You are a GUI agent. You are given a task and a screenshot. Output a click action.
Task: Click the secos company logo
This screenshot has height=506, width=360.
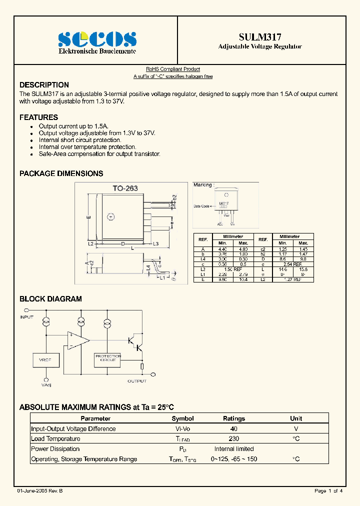click(97, 39)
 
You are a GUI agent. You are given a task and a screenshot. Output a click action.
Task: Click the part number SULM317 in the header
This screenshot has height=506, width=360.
click(260, 37)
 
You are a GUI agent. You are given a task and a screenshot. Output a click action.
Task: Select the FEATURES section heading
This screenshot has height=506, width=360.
click(38, 117)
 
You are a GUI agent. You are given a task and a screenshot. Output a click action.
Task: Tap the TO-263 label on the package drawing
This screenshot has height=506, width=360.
click(125, 188)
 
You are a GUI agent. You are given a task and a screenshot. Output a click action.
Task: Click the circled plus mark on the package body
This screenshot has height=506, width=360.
click(111, 216)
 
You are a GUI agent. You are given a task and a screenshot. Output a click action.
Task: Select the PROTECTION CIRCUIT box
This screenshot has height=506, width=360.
click(107, 358)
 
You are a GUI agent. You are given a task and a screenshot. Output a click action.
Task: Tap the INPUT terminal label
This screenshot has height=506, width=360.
click(26, 317)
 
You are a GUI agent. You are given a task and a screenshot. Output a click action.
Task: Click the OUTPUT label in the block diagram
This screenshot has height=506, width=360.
click(137, 381)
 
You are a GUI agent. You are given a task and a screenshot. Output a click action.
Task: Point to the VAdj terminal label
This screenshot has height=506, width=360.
click(46, 385)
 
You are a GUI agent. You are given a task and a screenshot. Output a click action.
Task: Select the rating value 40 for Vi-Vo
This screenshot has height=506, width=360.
click(233, 429)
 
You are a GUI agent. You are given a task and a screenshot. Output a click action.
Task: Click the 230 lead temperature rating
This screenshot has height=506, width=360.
click(233, 439)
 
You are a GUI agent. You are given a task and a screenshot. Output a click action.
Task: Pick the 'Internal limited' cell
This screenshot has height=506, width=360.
click(233, 449)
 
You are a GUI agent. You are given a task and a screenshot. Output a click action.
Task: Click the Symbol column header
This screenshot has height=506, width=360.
click(182, 418)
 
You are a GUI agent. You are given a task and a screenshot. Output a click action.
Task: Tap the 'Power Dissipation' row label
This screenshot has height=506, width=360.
click(55, 449)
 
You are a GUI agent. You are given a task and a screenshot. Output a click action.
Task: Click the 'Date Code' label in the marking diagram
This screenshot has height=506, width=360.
click(201, 206)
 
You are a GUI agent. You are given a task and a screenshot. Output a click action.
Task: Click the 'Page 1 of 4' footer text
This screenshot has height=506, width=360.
click(328, 491)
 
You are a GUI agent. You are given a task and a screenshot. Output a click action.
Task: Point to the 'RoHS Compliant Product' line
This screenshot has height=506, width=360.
click(173, 69)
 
